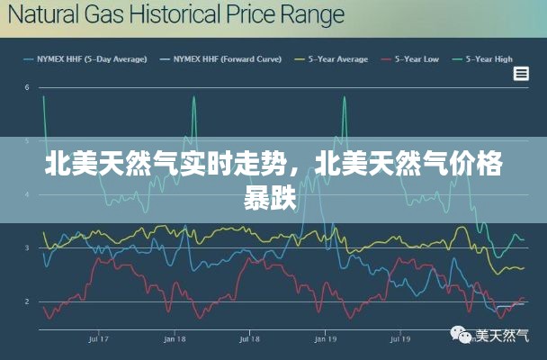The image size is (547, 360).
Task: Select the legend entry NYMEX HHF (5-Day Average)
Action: coord(91,59)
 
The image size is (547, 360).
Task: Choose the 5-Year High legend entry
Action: coord(490,59)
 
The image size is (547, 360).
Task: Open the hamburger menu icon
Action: coord(520,74)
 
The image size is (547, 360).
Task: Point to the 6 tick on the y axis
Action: coord(28,87)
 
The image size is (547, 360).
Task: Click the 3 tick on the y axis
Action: coord(28,247)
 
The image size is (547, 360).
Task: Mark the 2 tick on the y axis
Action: coord(28,301)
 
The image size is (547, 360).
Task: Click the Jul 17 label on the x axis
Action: coord(99,339)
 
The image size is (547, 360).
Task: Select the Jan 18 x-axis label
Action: coord(175,339)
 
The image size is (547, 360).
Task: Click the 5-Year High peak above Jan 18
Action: coord(193,98)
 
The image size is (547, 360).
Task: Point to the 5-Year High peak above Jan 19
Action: coord(345,98)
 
